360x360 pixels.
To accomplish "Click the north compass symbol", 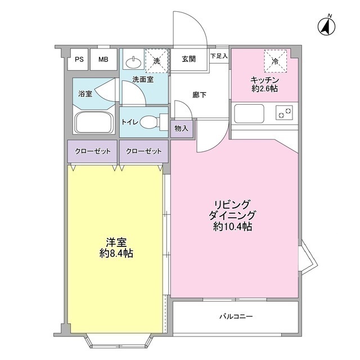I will pyautogui.click(x=326, y=25).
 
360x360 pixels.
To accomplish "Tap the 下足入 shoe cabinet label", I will pyautogui.click(x=219, y=56).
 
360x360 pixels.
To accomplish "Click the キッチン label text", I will pyautogui.click(x=265, y=79).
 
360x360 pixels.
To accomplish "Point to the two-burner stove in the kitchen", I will pyautogui.click(x=285, y=113).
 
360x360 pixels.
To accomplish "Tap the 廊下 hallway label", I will pyautogui.click(x=199, y=94).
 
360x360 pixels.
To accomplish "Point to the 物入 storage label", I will pyautogui.click(x=181, y=129).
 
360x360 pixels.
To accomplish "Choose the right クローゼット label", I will pyautogui.click(x=143, y=151).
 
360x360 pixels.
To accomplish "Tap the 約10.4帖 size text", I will pyautogui.click(x=232, y=227).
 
